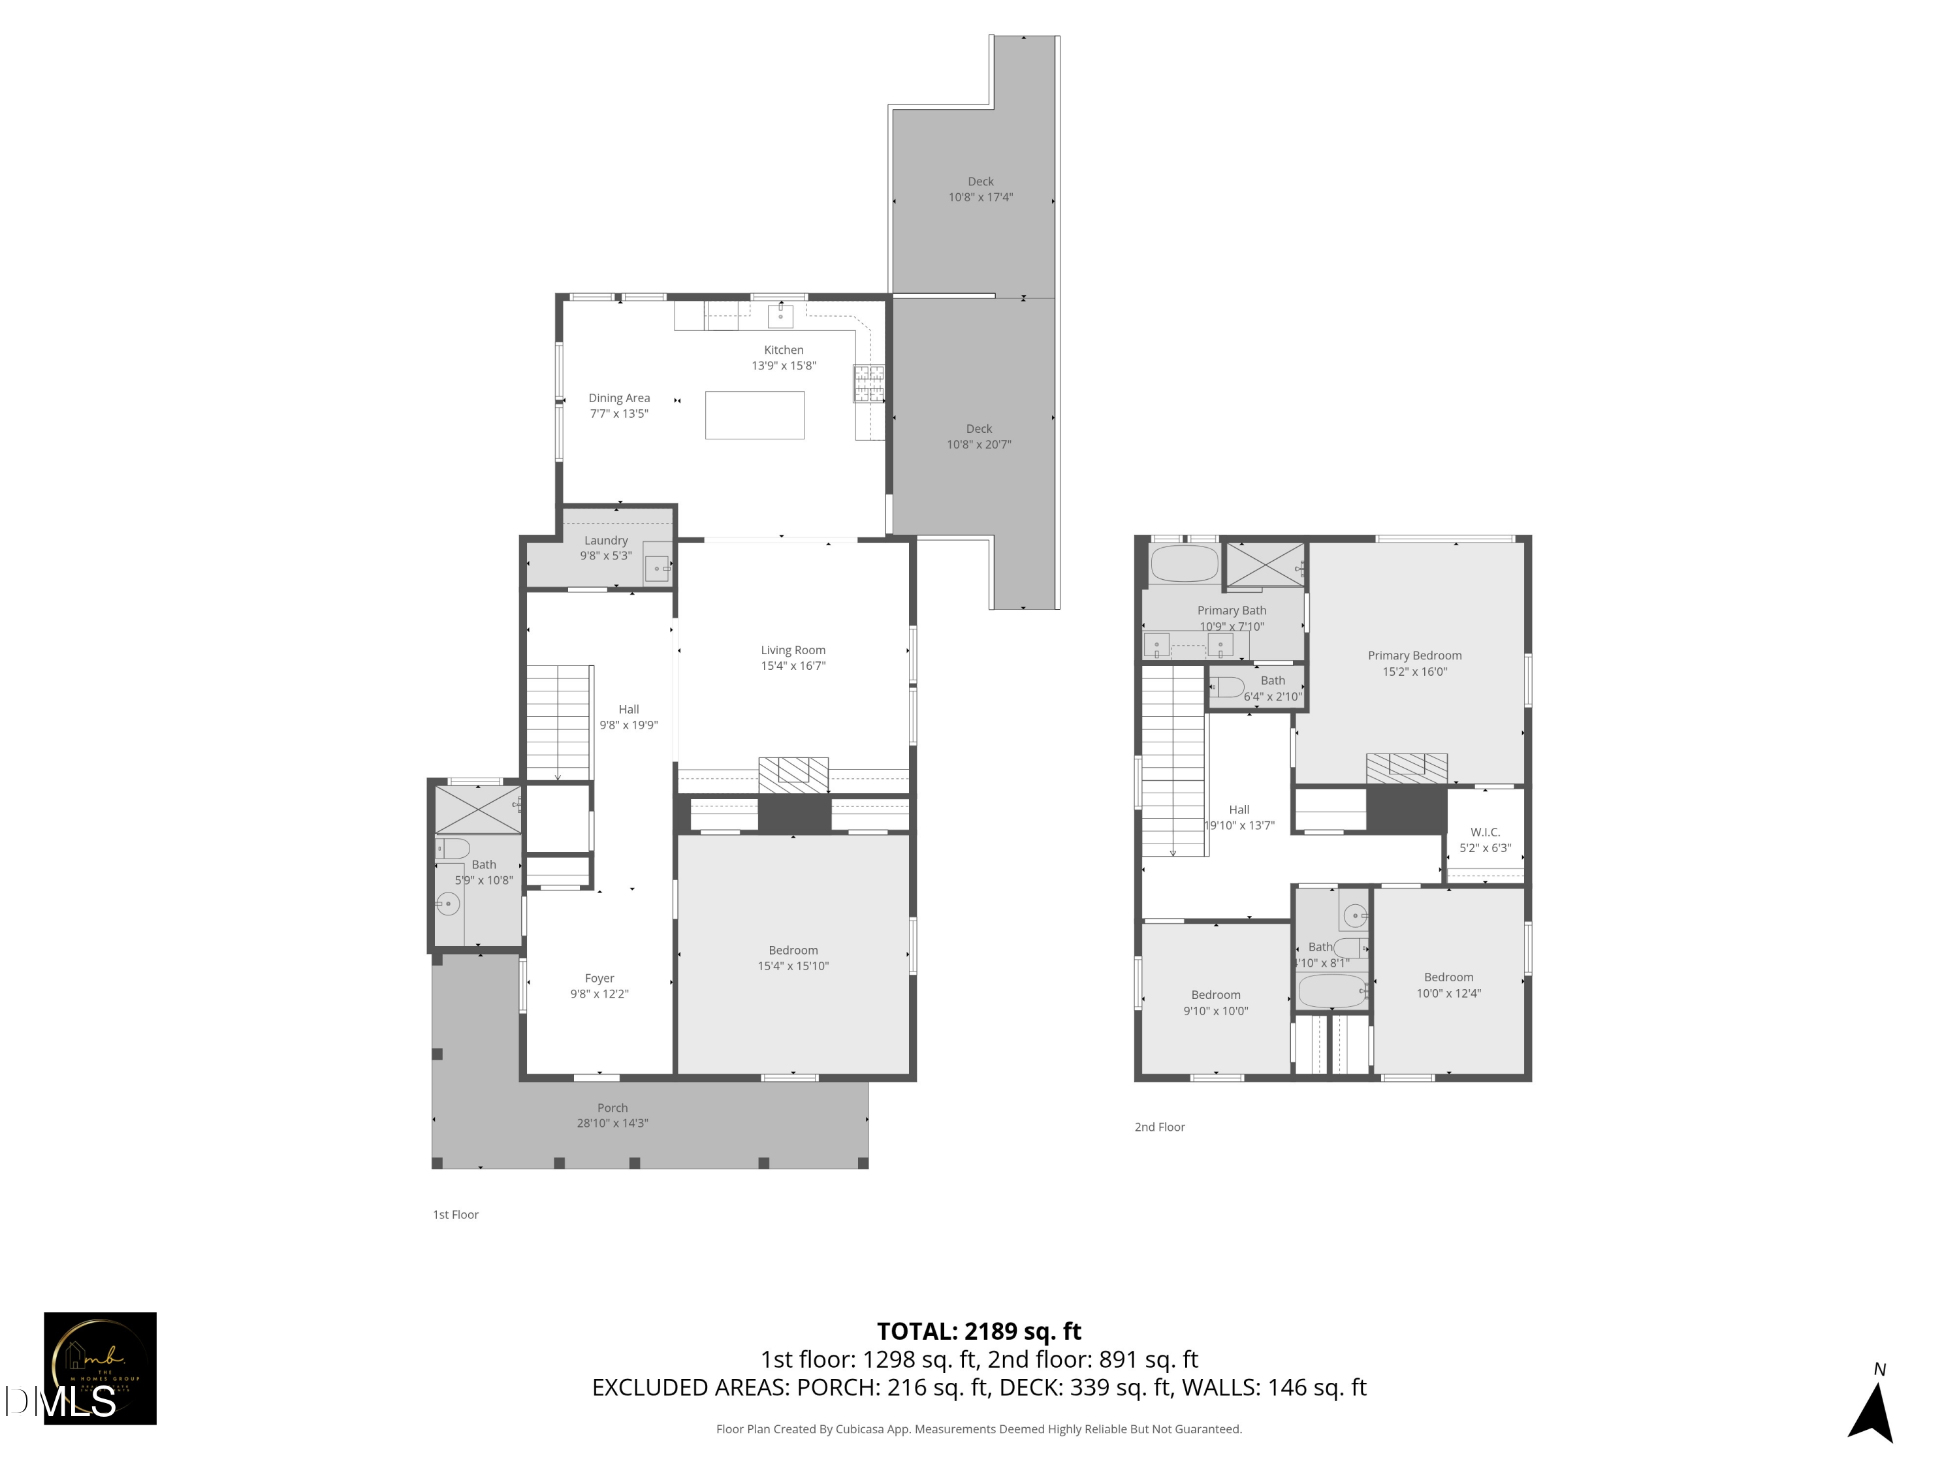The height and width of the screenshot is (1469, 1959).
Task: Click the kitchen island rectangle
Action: [x=755, y=415]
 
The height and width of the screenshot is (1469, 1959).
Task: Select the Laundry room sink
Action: [x=656, y=567]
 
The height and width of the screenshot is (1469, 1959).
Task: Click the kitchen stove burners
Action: [x=868, y=383]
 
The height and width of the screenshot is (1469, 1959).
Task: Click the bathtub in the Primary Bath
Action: [x=1184, y=563]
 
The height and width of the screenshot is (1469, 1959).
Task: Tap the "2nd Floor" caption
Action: [x=1159, y=1127]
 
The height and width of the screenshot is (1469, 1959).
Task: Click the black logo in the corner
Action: [x=100, y=1368]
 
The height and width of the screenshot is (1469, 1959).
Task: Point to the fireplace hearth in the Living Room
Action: [x=793, y=775]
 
